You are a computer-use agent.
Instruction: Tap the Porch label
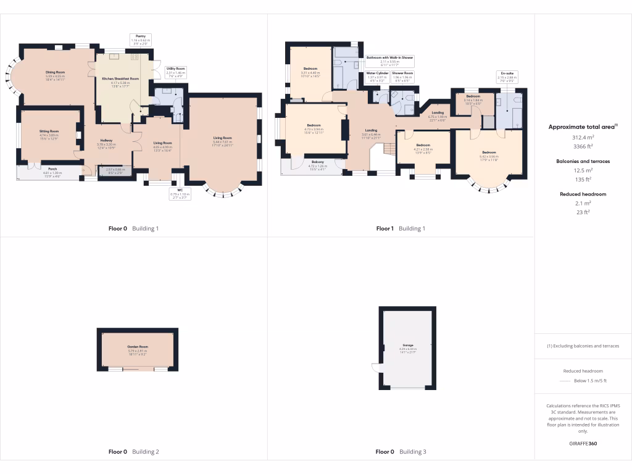pyautogui.click(x=49, y=171)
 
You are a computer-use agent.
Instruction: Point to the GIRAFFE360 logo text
pyautogui.click(x=583, y=443)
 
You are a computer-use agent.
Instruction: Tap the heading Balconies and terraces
pyautogui.click(x=579, y=161)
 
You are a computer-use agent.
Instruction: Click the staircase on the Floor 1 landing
pyautogui.click(x=389, y=149)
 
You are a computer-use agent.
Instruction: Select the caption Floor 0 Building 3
pyautogui.click(x=401, y=452)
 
